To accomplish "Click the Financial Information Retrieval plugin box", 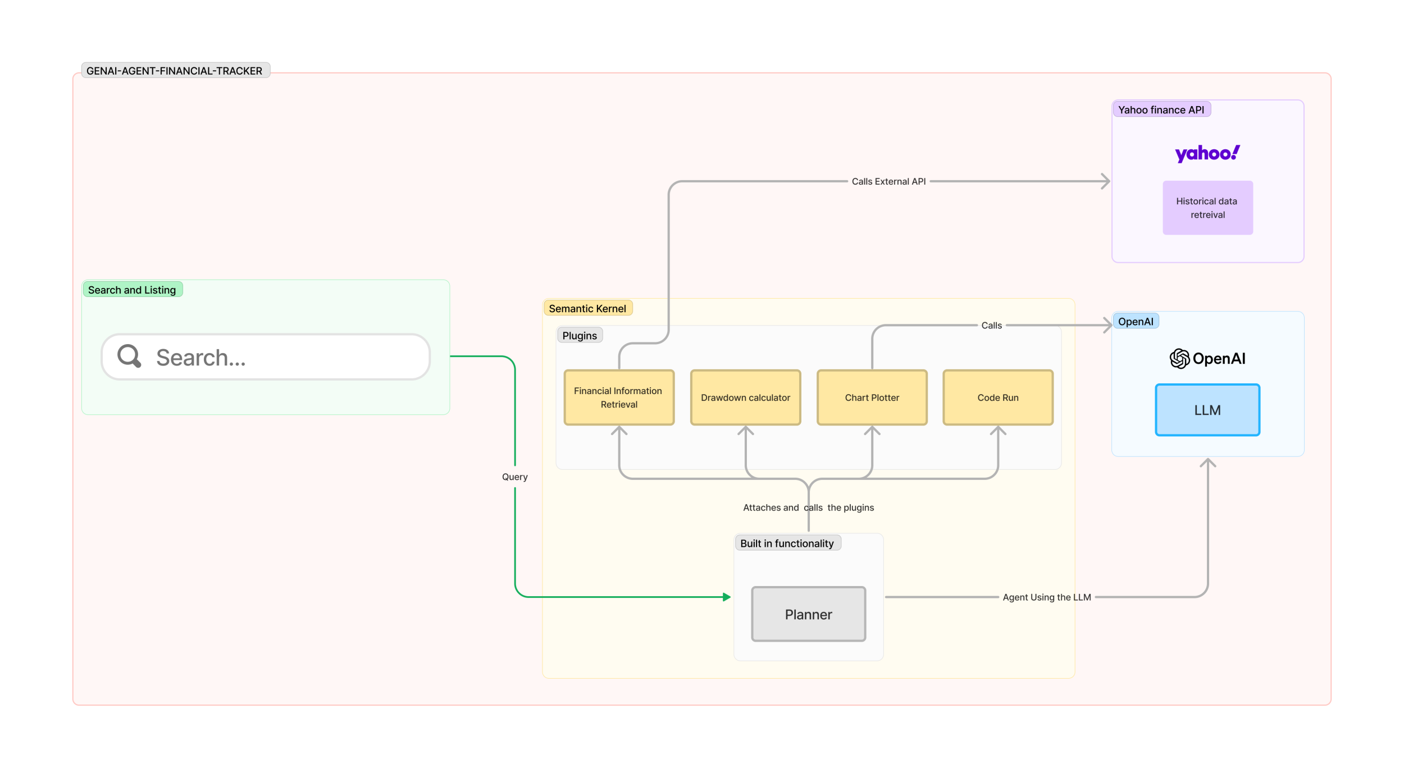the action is tap(619, 397).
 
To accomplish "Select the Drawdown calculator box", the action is tap(745, 397).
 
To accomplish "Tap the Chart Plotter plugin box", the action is tap(872, 397).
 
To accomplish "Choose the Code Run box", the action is tap(998, 397).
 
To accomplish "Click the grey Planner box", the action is tap(809, 614).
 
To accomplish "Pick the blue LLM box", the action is tap(1207, 410).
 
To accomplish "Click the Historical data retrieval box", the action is tap(1207, 208).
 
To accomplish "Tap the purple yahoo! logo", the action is tap(1207, 153).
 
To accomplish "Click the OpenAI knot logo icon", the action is tap(1179, 358).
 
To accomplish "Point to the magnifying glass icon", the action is tap(129, 356).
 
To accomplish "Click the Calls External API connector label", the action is tap(888, 181).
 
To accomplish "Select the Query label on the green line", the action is tap(515, 477).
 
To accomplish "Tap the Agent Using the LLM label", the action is tap(1047, 597).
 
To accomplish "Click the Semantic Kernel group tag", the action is tap(587, 308).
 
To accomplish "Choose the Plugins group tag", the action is tap(580, 335).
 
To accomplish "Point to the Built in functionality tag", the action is tap(787, 543).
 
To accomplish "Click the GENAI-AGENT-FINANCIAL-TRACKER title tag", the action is tap(175, 70).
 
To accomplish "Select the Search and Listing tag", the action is tap(132, 290).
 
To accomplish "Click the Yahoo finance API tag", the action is tap(1161, 109).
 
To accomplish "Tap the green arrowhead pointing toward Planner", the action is tap(727, 597).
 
